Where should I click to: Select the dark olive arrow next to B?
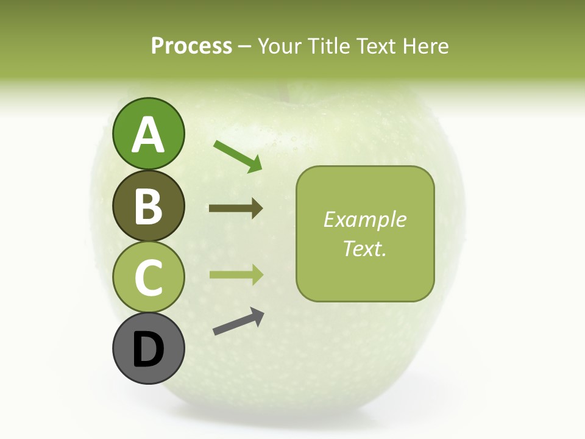pos(236,209)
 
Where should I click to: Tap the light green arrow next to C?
pos(236,274)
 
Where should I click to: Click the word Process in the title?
pos(191,46)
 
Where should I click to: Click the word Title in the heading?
pos(328,46)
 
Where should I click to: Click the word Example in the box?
pos(365,220)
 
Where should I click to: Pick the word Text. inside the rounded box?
pos(365,248)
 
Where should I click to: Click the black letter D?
pos(148,349)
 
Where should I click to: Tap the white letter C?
pos(148,278)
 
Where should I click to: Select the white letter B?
pos(148,206)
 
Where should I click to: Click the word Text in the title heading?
pos(375,46)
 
